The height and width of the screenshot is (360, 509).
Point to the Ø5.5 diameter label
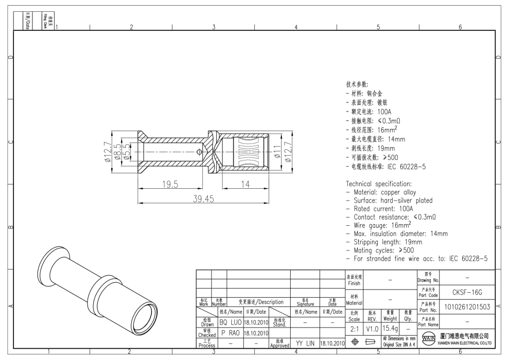[x=126, y=151]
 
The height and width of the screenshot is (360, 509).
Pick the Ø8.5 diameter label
[x=118, y=151]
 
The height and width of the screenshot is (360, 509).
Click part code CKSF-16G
[x=466, y=292]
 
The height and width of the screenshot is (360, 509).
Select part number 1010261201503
[x=466, y=307]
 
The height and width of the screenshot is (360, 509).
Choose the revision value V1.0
[x=372, y=328]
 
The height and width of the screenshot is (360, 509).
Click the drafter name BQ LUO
[x=230, y=322]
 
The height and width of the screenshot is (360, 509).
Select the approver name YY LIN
[x=306, y=343]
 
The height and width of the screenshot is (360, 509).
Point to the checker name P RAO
[x=230, y=333]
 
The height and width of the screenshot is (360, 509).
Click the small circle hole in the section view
[x=200, y=151]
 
